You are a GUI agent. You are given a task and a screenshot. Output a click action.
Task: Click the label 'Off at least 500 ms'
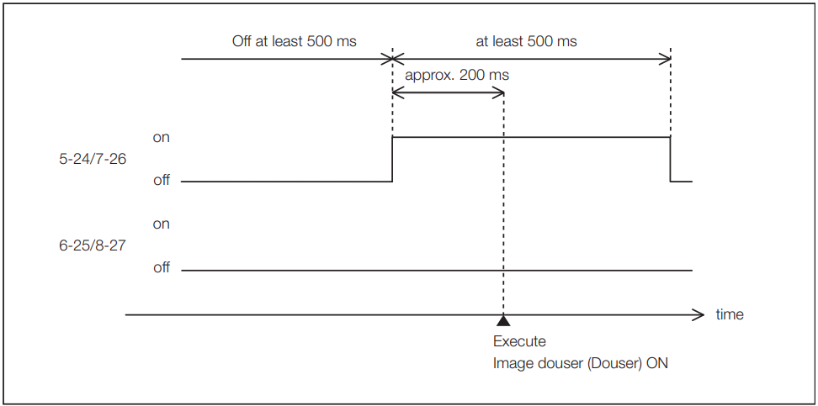coord(295,41)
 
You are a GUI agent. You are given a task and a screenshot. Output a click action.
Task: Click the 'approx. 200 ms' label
coord(457,75)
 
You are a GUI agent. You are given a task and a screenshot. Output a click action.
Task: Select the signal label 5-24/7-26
coord(93,159)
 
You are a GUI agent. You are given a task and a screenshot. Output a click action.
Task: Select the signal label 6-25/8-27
coord(93,245)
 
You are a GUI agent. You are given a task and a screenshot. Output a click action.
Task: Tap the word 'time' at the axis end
coord(730,314)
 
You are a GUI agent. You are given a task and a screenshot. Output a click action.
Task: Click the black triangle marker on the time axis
coord(503,320)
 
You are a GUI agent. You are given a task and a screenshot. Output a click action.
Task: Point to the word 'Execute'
coord(519,341)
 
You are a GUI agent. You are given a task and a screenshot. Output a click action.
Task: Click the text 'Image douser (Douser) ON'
coord(580,363)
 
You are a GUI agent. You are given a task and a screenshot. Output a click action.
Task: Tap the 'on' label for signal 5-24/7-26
coord(162,138)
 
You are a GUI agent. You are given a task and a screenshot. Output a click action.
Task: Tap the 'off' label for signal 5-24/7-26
coord(162,181)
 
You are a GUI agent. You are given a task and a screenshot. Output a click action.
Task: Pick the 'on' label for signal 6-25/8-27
coord(162,224)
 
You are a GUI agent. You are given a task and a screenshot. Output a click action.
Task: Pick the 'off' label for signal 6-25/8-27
coord(162,267)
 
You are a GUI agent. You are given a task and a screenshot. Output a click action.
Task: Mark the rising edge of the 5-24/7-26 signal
coord(392,160)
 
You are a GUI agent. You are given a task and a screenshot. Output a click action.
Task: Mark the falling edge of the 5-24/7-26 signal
coord(671,160)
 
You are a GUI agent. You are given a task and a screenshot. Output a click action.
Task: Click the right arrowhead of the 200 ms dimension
coord(500,93)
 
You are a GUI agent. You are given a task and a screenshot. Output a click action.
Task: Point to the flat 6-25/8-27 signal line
coord(437,271)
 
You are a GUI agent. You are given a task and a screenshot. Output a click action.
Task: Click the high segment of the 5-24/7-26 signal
coord(531,137)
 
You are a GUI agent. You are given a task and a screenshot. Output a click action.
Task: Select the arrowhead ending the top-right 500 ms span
coord(665,59)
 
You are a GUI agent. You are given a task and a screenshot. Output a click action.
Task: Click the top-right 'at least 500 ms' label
coord(526,41)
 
